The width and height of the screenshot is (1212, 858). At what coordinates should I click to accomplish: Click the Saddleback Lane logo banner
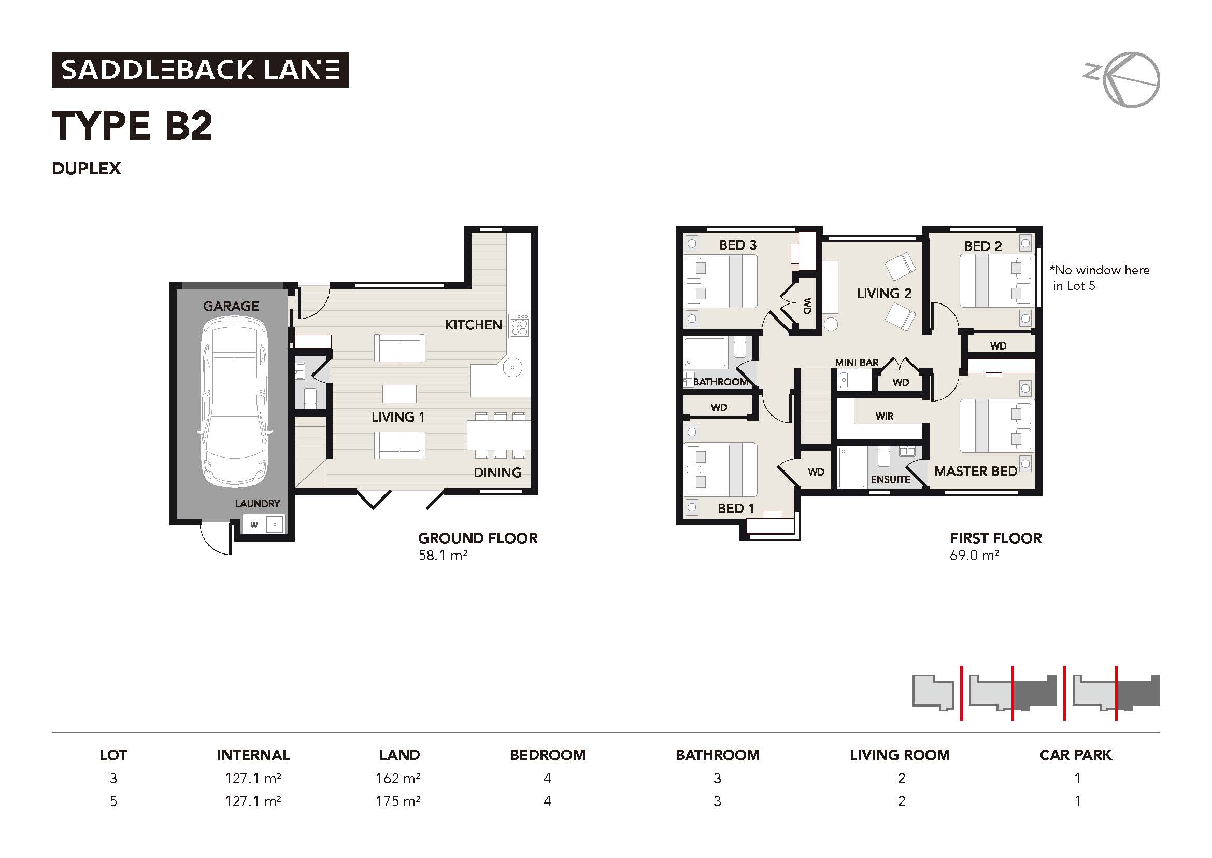200,70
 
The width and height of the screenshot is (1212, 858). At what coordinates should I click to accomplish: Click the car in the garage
234,402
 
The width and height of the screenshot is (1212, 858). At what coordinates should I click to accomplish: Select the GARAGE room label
231,306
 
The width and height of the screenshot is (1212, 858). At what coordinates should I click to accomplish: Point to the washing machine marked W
254,524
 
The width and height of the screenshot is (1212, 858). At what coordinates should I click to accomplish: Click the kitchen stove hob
519,326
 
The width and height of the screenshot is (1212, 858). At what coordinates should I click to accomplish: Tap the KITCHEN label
473,325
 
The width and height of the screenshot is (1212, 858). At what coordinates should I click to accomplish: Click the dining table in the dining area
498,435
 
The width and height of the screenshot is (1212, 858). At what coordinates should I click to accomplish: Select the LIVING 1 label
397,417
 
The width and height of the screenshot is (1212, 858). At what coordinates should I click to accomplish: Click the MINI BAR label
856,363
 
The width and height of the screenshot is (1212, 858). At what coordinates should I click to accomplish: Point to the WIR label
884,417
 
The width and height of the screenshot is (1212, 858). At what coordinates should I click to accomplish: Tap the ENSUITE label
890,479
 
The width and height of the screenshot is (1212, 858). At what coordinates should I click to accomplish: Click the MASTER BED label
976,471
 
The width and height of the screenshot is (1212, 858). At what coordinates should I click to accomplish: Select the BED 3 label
737,245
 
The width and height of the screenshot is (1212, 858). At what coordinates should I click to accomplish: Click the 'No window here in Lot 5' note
1100,278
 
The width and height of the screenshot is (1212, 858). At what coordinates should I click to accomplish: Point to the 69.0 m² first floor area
974,555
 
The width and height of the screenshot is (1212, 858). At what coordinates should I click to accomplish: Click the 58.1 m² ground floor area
443,555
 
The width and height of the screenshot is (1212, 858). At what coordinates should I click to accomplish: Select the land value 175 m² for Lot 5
397,801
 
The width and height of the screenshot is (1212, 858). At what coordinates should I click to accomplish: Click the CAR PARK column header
1075,755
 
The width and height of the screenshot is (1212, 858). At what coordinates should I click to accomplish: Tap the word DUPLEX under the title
87,169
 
